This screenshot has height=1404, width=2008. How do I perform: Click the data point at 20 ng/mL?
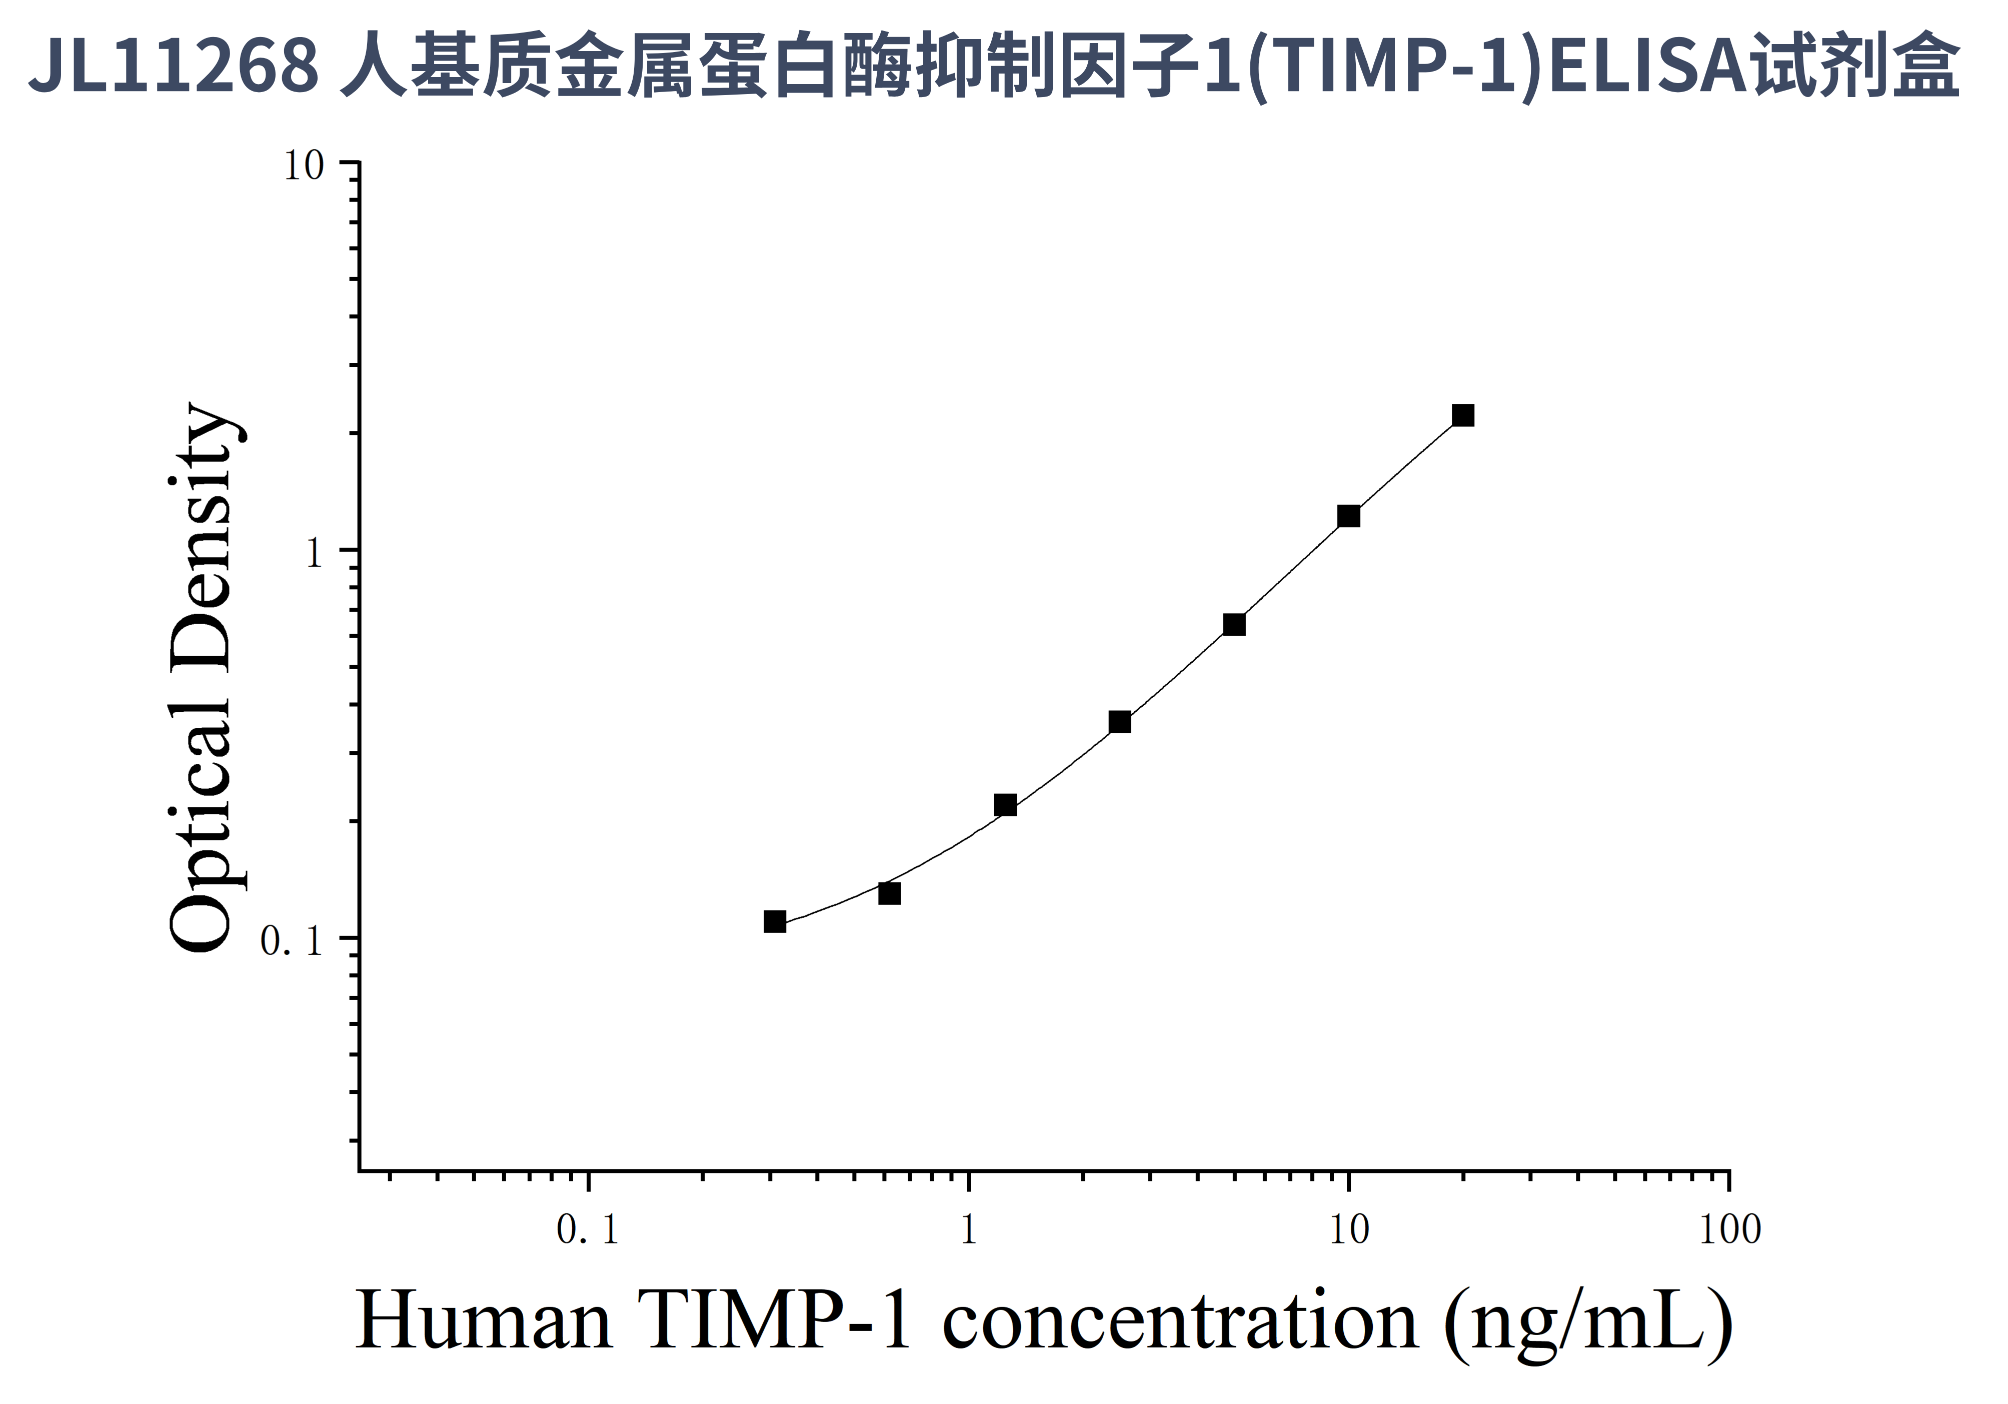coord(1462,415)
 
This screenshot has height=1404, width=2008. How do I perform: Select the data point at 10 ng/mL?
coord(1348,516)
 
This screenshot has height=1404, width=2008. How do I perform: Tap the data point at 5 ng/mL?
coord(1234,624)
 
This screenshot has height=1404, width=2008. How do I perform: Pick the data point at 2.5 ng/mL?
coord(1119,722)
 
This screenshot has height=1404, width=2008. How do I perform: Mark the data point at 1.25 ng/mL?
coord(1006,805)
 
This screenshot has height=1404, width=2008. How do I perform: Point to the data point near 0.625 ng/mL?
coord(889,893)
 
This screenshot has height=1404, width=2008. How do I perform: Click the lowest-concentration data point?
coord(775,921)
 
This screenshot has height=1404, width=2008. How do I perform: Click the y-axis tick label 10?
coord(304,165)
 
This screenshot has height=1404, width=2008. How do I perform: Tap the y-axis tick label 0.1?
coord(292,941)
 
